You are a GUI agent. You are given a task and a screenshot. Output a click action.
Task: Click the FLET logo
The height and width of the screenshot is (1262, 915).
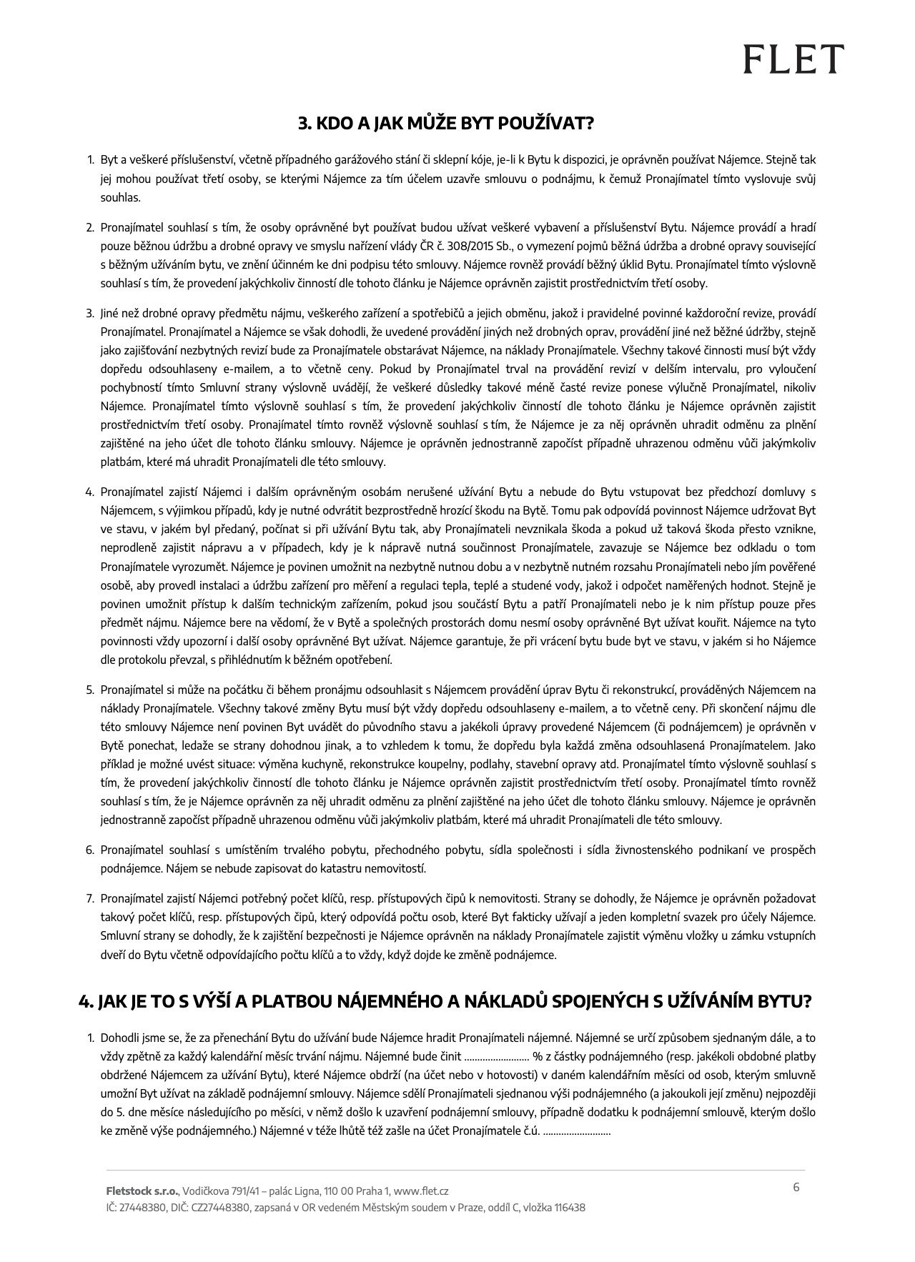coord(793,59)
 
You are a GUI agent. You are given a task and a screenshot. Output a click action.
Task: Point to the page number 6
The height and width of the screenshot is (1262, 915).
coord(796,1188)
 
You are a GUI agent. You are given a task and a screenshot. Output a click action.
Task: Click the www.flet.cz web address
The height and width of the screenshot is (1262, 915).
coord(421,1191)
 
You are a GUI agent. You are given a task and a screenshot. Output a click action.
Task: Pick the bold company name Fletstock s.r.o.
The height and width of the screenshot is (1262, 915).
coord(142,1191)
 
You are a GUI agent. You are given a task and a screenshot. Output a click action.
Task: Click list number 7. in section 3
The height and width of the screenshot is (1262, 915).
coord(90,898)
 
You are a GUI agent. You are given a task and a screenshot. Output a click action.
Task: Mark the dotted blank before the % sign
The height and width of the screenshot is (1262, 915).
coord(496,1056)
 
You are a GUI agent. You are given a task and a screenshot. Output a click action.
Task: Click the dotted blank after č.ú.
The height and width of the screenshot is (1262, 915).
coord(577,1131)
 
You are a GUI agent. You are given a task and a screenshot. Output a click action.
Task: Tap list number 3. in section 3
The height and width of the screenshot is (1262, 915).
coord(90,313)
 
